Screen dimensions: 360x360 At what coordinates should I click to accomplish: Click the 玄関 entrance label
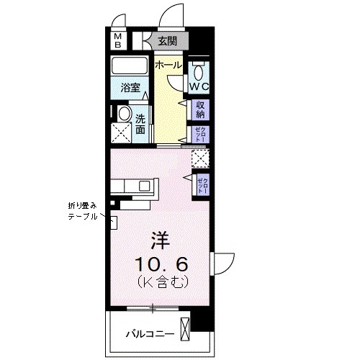168,41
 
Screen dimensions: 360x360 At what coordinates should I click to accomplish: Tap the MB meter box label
117,40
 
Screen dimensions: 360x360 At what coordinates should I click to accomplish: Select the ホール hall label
168,66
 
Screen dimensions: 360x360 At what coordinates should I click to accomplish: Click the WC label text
199,87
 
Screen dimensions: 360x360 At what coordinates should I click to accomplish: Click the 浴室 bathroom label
130,92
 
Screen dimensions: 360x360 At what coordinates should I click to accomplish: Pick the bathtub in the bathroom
130,67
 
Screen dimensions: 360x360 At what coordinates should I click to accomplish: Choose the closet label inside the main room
204,182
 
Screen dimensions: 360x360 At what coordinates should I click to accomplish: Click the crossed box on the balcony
185,331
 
